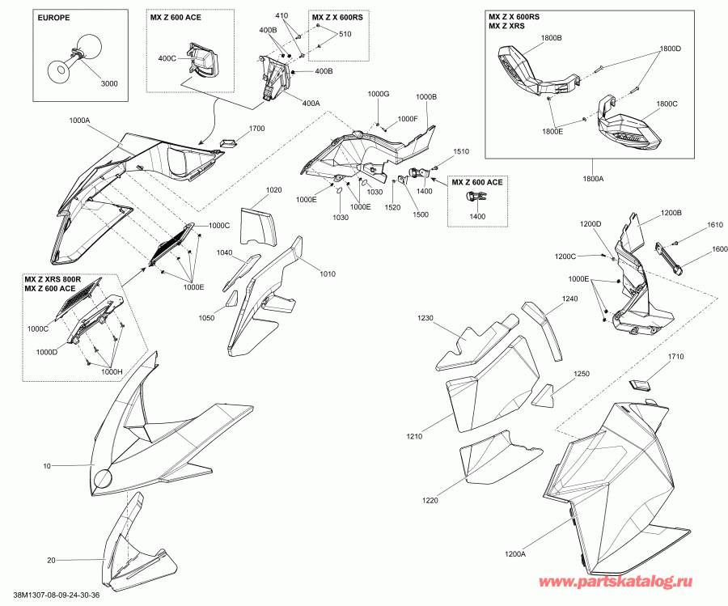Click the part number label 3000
(x=109, y=83)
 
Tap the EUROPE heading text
(x=54, y=18)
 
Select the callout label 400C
(x=167, y=58)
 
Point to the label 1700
(x=256, y=128)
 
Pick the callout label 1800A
(x=592, y=178)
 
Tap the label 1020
(x=274, y=190)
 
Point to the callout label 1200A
(x=515, y=553)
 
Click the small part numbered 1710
(x=639, y=384)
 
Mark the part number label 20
(x=51, y=560)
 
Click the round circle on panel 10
(x=103, y=479)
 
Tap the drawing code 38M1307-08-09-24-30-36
(x=57, y=595)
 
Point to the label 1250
(x=582, y=374)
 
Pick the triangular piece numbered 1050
(x=232, y=299)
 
